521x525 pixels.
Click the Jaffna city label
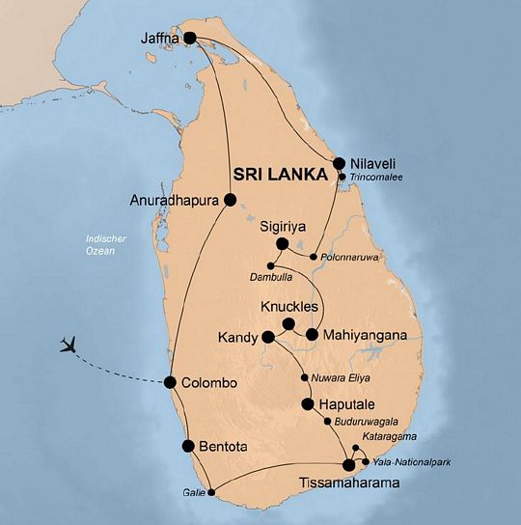(156, 40)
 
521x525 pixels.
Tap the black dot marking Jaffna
(190, 39)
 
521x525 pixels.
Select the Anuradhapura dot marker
(230, 200)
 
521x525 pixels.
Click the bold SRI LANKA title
(273, 173)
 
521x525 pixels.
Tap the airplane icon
(69, 345)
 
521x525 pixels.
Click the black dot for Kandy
(266, 338)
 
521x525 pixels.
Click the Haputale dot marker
(308, 404)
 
